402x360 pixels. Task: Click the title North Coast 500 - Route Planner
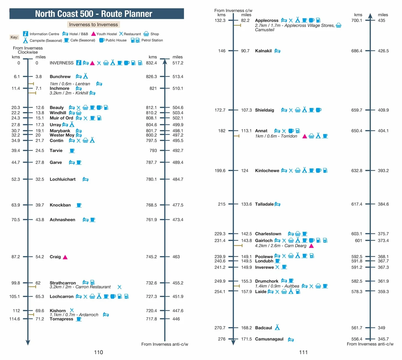click(94, 14)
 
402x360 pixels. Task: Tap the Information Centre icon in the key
click(25, 34)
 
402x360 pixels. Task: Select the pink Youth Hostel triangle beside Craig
click(65, 257)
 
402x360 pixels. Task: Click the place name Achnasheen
click(62, 219)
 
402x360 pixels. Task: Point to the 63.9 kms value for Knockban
click(16, 205)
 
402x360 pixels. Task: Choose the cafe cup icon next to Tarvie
click(72, 151)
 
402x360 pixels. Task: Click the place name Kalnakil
click(263, 51)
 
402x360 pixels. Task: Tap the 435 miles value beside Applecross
click(381, 21)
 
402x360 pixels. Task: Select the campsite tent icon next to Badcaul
click(277, 327)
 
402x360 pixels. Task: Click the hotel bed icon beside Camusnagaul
click(291, 339)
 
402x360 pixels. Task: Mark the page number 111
click(303, 352)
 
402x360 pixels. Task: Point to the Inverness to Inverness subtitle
click(94, 24)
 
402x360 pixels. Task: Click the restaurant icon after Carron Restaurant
click(119, 287)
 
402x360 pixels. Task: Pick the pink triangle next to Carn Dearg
click(311, 246)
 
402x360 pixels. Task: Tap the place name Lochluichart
click(63, 179)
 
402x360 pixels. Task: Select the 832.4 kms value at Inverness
click(151, 63)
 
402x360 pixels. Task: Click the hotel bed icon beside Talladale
click(277, 204)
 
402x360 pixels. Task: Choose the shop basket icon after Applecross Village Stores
click(339, 25)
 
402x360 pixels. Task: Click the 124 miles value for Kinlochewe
click(244, 171)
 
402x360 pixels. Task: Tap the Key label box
click(14, 37)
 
